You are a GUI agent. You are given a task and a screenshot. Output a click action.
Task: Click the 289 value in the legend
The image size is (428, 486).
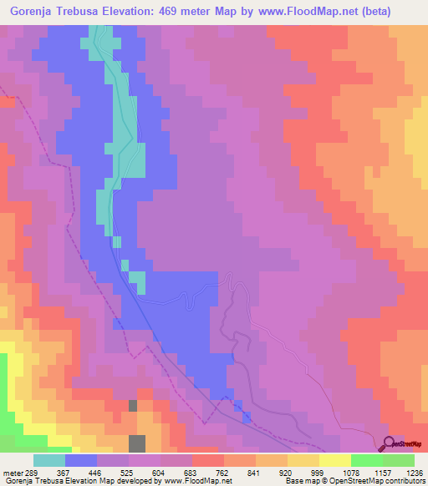pos(32,450)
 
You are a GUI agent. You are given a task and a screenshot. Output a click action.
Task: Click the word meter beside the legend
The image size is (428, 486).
pos(10,450)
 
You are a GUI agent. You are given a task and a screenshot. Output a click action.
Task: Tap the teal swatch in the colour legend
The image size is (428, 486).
pos(49,461)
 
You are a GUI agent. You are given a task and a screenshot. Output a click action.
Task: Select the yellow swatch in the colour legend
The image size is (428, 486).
pos(335,461)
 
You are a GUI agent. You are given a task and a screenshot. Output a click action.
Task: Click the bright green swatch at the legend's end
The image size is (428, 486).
pos(399,461)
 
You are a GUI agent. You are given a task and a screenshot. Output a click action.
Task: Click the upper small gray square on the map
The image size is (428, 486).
pos(132,405)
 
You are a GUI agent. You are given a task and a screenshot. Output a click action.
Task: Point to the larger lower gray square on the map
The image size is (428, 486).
pos(137,443)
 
